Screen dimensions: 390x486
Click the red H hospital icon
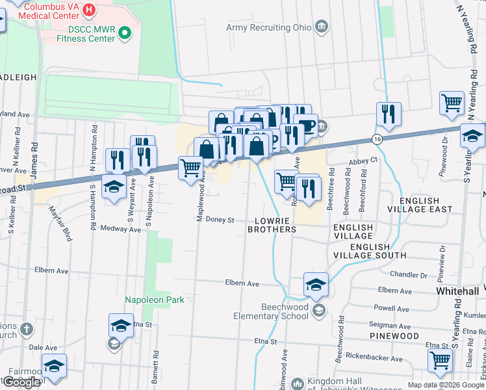coord(90,11)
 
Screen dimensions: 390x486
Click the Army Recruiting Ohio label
coord(268,27)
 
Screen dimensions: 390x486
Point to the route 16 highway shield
coord(377,139)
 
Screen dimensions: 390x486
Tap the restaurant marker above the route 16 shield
coord(388,114)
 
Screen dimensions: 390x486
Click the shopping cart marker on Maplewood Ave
coord(190,168)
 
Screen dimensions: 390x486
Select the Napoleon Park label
coord(155,300)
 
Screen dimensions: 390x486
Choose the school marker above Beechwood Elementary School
coord(316,285)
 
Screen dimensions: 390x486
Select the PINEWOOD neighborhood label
coord(394,335)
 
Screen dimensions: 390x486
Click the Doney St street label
coord(220,220)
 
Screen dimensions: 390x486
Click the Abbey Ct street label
coord(363,160)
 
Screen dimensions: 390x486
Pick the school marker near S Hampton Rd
coord(114,187)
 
